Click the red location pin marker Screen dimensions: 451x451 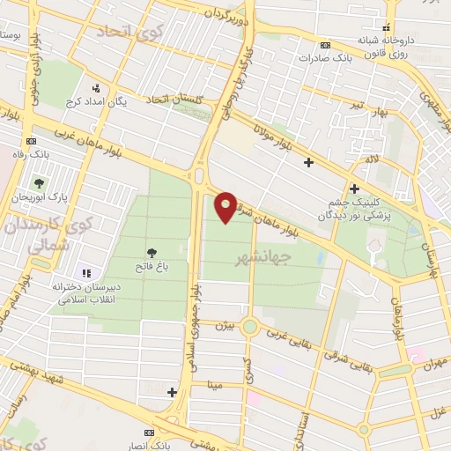point(226,206)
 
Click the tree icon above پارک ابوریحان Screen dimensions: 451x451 point(39,184)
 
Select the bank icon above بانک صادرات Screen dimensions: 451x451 point(326,45)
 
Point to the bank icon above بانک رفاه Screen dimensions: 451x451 point(32,141)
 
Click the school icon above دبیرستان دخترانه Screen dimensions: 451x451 point(85,273)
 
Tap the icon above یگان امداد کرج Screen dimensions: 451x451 point(96,88)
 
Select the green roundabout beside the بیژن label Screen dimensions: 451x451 point(249,328)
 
